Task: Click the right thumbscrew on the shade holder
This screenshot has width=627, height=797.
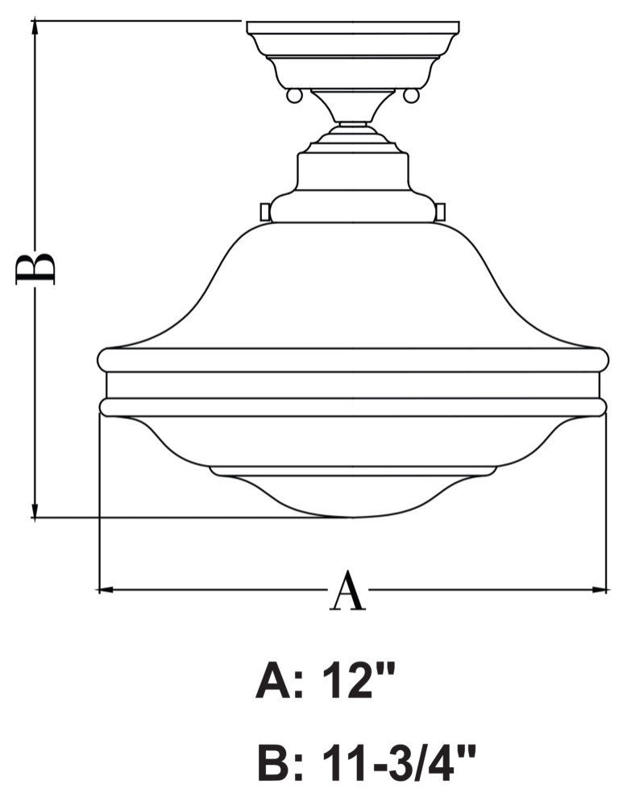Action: point(440,210)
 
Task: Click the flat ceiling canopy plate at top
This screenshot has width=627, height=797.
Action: point(352,29)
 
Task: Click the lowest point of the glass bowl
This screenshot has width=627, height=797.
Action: point(352,515)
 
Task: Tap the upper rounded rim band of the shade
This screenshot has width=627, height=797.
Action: point(352,359)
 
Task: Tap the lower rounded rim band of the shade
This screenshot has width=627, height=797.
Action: point(352,406)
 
